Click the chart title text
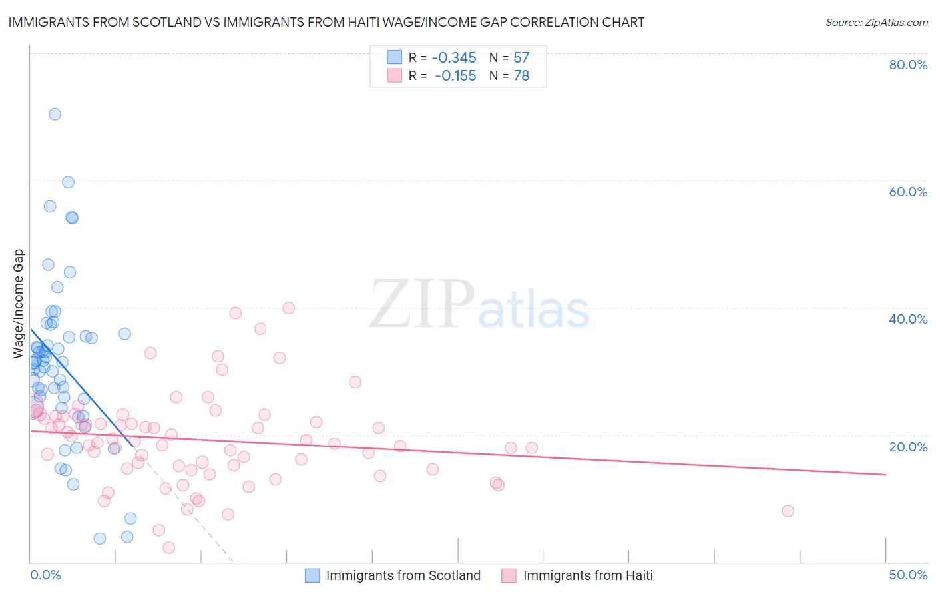click(x=326, y=22)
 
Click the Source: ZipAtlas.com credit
click(x=876, y=23)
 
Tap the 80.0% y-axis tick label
click(x=908, y=65)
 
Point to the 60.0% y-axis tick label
click(x=908, y=192)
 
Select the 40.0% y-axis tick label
click(x=908, y=319)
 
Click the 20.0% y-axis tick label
click(x=908, y=447)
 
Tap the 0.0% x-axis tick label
click(x=45, y=575)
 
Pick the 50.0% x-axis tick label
click(x=908, y=575)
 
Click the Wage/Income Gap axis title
click(x=19, y=304)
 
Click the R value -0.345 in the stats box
click(x=454, y=58)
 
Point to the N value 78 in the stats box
click(x=521, y=76)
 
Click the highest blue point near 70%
click(x=55, y=114)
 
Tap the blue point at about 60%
click(x=68, y=182)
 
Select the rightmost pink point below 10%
click(x=788, y=511)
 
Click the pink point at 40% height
click(x=288, y=308)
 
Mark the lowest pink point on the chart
click(x=168, y=547)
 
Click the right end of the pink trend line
click(x=885, y=474)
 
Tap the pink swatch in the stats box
click(x=395, y=76)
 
